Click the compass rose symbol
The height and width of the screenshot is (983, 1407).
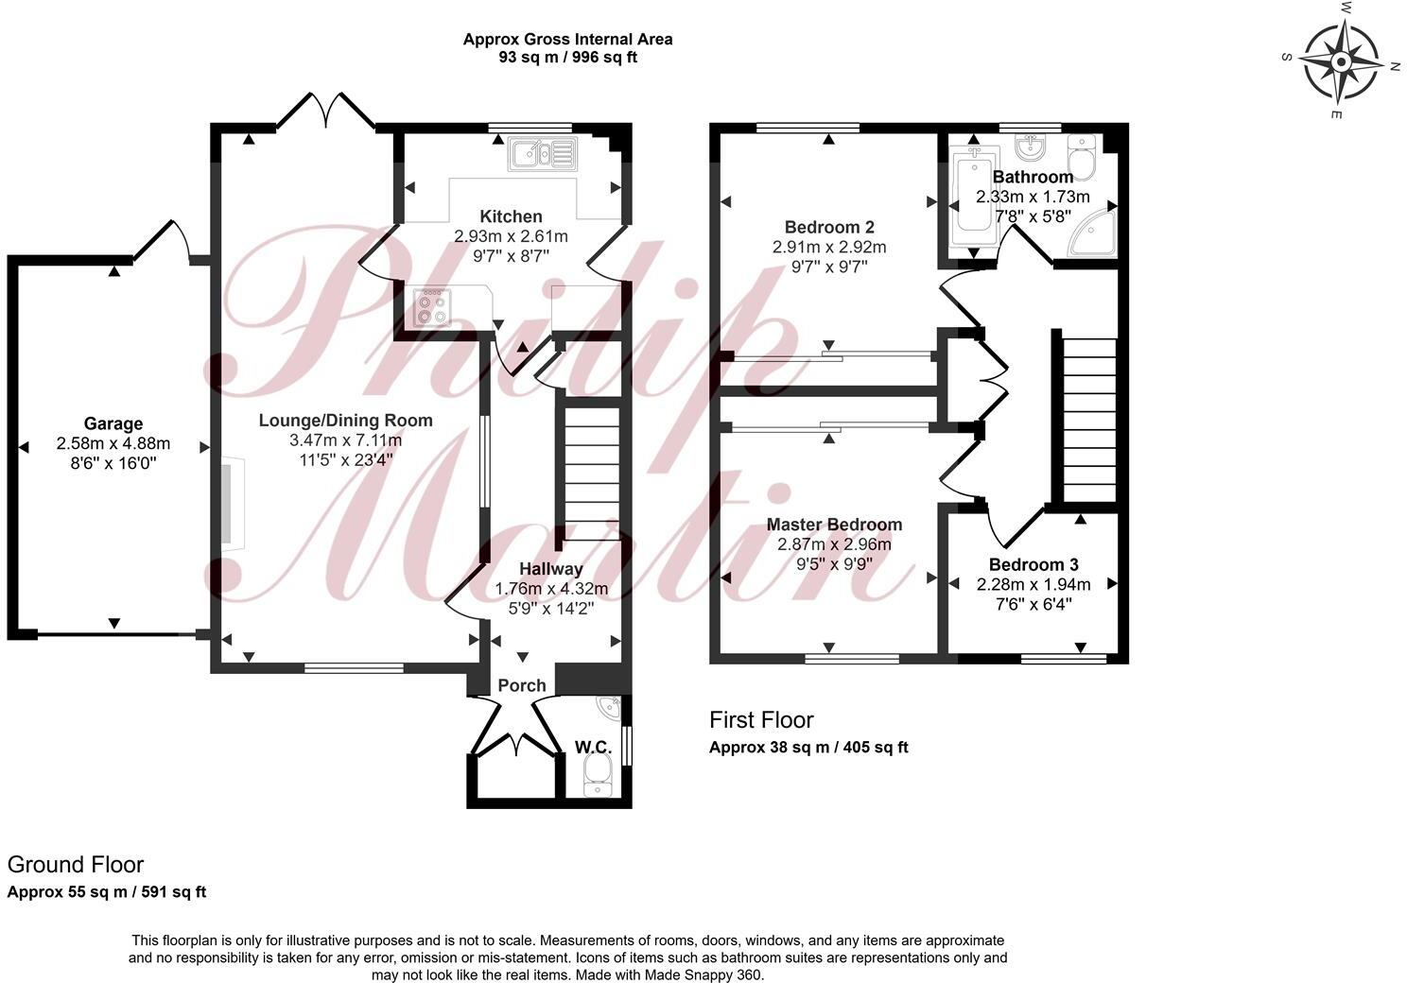tap(1340, 62)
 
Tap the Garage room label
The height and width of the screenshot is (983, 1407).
tap(113, 423)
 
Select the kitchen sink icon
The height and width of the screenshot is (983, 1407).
tap(542, 154)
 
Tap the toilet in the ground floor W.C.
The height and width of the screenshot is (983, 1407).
tap(598, 779)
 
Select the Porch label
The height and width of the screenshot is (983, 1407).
tap(522, 685)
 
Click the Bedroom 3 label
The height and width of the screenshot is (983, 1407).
tap(1033, 564)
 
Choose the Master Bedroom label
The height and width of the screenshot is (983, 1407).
tap(834, 525)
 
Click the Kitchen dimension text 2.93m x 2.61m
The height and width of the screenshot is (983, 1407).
tap(511, 236)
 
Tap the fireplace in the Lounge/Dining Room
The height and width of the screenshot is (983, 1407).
tap(233, 502)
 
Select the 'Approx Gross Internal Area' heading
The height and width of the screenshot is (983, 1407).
tap(567, 40)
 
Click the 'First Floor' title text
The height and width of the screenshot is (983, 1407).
tap(761, 720)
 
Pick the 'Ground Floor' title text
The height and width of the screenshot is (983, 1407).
tap(76, 864)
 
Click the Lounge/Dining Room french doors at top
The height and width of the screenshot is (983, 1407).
tap(325, 111)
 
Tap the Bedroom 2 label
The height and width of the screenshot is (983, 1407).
tap(829, 227)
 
